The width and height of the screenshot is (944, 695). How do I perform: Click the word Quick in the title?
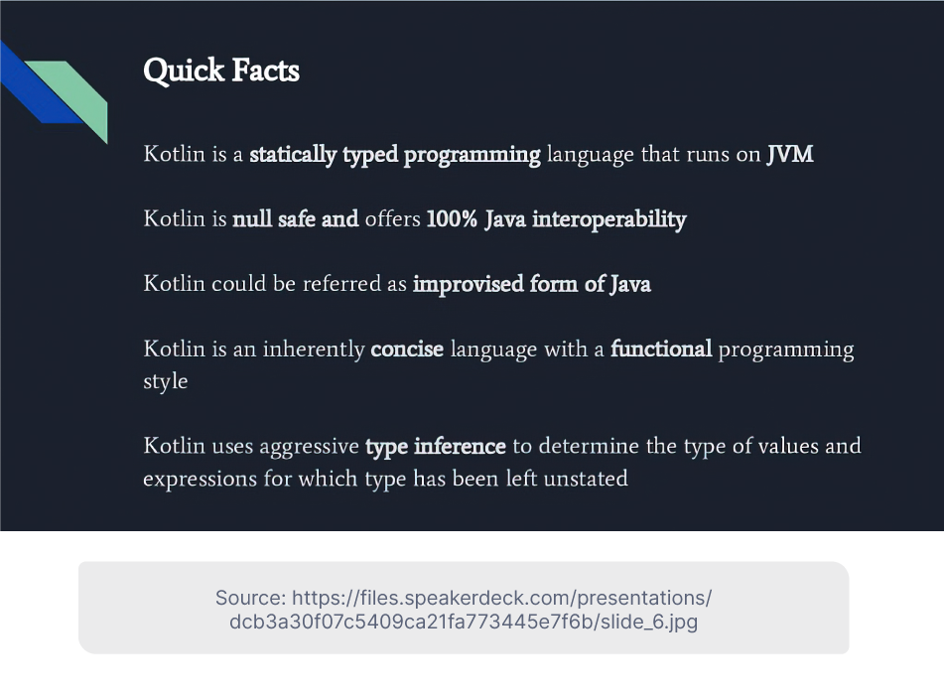coord(184,71)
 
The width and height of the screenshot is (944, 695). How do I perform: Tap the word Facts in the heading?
coord(265,69)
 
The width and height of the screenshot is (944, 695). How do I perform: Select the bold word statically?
coord(293,155)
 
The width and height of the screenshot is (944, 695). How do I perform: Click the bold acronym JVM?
coord(790,154)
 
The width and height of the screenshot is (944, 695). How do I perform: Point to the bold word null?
coord(252,218)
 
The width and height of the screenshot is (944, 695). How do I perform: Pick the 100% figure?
coord(452,218)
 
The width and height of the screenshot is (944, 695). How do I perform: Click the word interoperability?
coord(609,219)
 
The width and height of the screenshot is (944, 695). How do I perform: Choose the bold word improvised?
coord(468,284)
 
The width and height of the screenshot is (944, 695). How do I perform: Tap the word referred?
coord(341,283)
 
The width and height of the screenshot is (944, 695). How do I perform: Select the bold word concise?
coord(407,348)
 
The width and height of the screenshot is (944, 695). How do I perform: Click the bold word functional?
coord(661,348)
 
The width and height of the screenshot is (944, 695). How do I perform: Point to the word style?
coord(166,381)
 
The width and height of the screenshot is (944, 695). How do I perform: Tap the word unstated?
coord(586,479)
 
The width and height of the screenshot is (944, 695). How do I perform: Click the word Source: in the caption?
coord(250,598)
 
